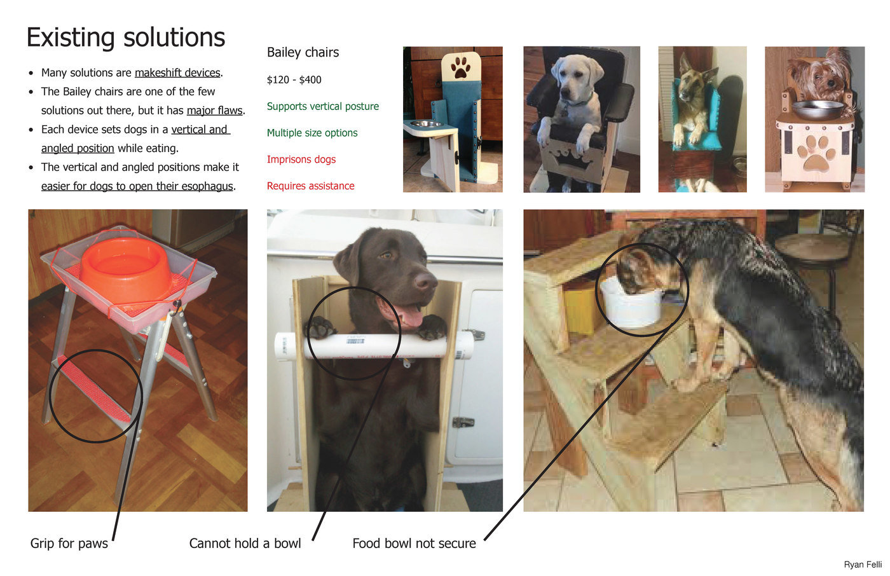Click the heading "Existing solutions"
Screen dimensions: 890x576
point(126,38)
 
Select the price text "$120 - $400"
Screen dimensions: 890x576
point(294,80)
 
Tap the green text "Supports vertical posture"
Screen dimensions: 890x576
point(323,106)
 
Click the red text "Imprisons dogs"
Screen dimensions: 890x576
point(301,160)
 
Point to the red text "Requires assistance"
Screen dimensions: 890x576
point(310,186)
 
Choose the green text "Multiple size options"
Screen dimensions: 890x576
point(312,133)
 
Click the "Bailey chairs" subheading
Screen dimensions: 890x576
point(303,52)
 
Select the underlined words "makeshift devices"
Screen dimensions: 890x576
point(177,72)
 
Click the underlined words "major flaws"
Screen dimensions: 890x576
point(215,111)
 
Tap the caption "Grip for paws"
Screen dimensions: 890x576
point(69,544)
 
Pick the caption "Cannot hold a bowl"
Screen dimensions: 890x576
point(245,543)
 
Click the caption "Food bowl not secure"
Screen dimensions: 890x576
point(414,543)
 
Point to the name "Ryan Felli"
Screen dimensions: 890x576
point(863,565)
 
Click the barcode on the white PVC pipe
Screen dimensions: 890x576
point(355,340)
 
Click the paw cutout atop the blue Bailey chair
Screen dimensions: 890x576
point(461,67)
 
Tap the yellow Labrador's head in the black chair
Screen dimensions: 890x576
point(577,78)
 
